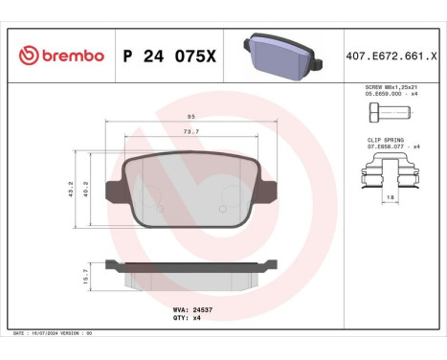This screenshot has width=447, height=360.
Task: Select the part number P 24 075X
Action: click(169, 56)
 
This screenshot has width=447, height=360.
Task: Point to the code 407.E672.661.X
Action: click(392, 56)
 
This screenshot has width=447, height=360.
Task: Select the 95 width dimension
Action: click(192, 118)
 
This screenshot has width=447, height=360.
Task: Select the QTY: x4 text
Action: click(188, 317)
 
